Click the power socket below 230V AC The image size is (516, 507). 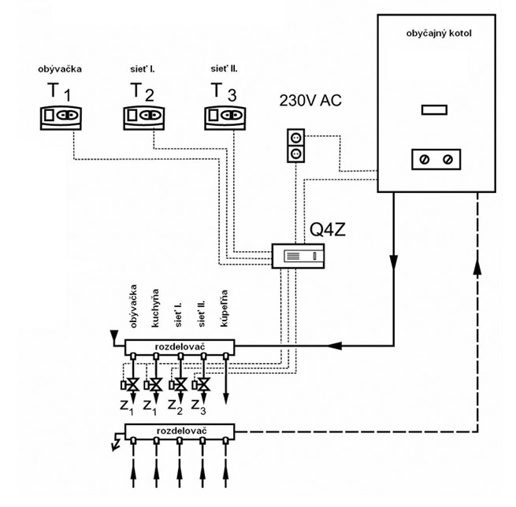293,146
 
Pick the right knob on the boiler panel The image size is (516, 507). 447,160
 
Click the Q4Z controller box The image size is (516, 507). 299,256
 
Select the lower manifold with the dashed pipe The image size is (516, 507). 181,432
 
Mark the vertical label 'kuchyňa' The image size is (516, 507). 156,309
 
